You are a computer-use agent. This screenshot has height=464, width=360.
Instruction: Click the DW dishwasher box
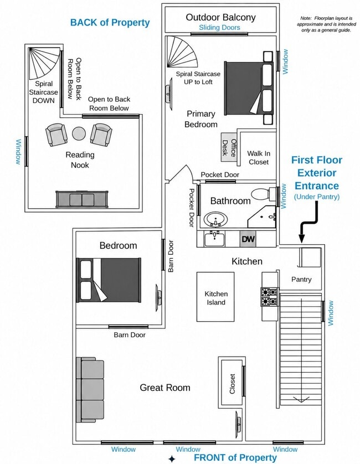point(248,239)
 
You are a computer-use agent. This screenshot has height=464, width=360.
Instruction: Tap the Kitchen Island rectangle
point(215,297)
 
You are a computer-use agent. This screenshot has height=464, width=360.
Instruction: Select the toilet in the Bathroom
point(264,194)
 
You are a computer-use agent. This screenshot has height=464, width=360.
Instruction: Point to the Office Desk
point(229,147)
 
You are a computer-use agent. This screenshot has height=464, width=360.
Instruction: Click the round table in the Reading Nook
point(79,134)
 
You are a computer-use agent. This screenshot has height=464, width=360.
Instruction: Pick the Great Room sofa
point(90,390)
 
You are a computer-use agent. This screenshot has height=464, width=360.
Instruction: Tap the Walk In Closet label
point(259,157)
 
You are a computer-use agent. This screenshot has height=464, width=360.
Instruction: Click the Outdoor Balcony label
point(220,17)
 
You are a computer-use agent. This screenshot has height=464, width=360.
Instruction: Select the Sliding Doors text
point(219,28)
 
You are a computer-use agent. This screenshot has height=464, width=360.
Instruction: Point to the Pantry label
point(301,280)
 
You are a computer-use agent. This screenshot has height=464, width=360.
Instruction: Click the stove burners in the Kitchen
point(269,297)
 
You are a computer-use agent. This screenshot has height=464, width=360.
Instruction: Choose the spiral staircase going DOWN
point(44,63)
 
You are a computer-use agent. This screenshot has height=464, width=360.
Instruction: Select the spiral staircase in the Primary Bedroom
point(181,52)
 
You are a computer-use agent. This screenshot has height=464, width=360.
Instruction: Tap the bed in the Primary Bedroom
point(249,88)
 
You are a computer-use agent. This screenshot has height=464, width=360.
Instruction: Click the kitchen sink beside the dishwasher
point(214,239)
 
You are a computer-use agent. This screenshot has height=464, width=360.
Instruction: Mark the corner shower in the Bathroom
point(262,217)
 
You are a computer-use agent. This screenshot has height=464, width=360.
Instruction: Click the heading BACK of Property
point(110,23)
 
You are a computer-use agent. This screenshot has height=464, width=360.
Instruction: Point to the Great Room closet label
point(233,384)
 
